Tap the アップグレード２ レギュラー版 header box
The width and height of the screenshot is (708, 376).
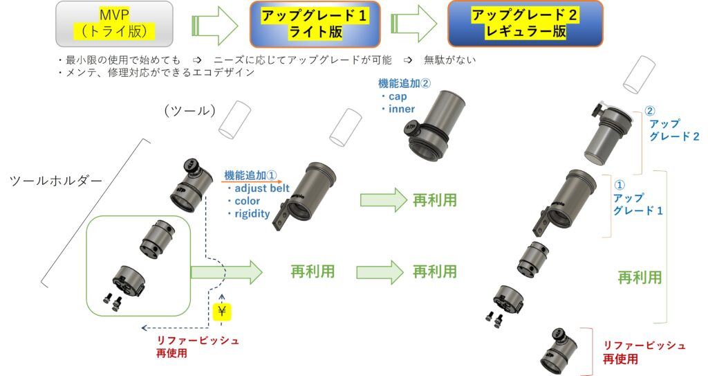coord(525,23)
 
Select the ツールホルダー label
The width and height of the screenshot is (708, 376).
coord(56,181)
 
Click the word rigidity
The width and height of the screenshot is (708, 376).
coord(253,213)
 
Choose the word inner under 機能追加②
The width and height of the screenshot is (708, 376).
coord(402,109)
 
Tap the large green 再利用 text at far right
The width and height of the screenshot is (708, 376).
coord(640,278)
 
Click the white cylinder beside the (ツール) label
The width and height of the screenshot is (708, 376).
coord(234,119)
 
